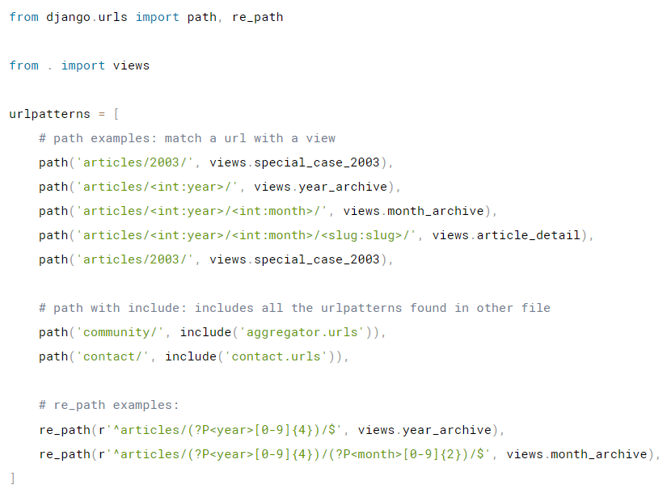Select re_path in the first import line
257,17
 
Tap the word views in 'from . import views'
131,65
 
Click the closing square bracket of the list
12,478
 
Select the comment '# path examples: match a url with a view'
187,138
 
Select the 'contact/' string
113,356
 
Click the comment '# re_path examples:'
108,405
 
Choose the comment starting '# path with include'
294,308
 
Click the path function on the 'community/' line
53,332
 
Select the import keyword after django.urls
158,17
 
